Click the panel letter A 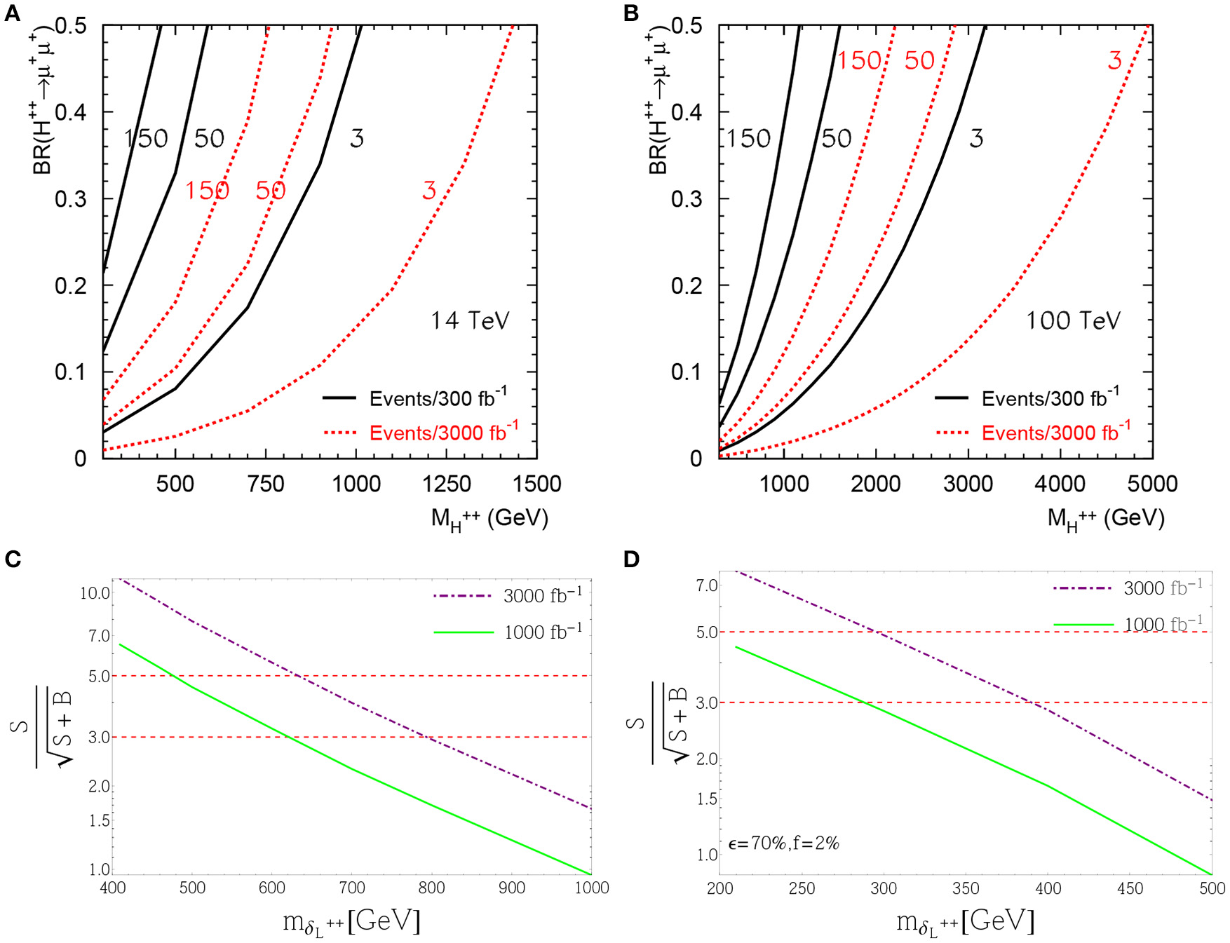pyautogui.click(x=12, y=13)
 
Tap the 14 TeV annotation pyautogui.click(x=469, y=320)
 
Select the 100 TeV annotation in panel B pyautogui.click(x=1072, y=320)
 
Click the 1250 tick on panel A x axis pyautogui.click(x=447, y=484)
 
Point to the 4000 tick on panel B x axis pyautogui.click(x=1060, y=484)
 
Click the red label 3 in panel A pyautogui.click(x=429, y=190)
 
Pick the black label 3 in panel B pyautogui.click(x=976, y=138)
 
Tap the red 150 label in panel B pyautogui.click(x=859, y=61)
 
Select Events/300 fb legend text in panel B pyautogui.click(x=1050, y=398)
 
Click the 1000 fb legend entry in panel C pyautogui.click(x=542, y=632)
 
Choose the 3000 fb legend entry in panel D pyautogui.click(x=1162, y=588)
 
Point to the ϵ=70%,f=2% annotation pyautogui.click(x=783, y=843)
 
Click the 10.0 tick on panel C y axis pyautogui.click(x=95, y=593)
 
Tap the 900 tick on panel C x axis pyautogui.click(x=512, y=888)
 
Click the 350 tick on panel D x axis pyautogui.click(x=966, y=888)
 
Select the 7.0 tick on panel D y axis pyautogui.click(x=706, y=585)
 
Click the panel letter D pyautogui.click(x=631, y=559)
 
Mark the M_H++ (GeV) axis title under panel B pyautogui.click(x=1105, y=520)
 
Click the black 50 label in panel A pyautogui.click(x=209, y=138)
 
